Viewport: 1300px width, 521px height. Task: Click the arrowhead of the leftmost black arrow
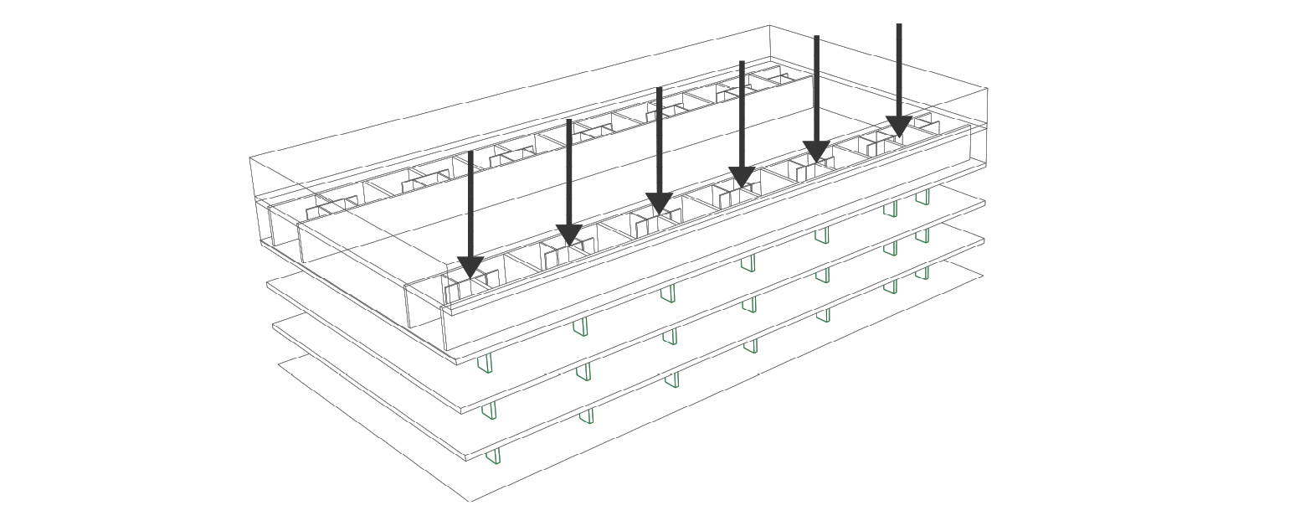(470, 267)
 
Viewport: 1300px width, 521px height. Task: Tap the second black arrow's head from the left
(569, 235)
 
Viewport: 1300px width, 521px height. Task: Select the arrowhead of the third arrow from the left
(660, 204)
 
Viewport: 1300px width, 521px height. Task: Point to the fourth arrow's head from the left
(742, 178)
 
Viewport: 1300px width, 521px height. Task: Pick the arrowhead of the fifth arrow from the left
(817, 152)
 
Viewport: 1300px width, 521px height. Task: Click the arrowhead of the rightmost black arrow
(899, 126)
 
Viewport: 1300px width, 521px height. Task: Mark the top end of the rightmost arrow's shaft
(899, 25)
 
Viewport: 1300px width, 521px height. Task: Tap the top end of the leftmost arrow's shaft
(470, 152)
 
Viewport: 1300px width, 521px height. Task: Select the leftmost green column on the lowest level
(494, 456)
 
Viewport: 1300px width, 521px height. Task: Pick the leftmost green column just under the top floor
(485, 364)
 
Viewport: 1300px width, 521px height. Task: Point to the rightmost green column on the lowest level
(922, 273)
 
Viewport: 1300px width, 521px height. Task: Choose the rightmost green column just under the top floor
(922, 197)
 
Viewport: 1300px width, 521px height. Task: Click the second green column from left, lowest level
(587, 416)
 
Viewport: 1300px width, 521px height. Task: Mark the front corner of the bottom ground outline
(470, 502)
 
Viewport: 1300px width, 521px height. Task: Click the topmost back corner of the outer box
(769, 26)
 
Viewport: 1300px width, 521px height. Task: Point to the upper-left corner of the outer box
(250, 157)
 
